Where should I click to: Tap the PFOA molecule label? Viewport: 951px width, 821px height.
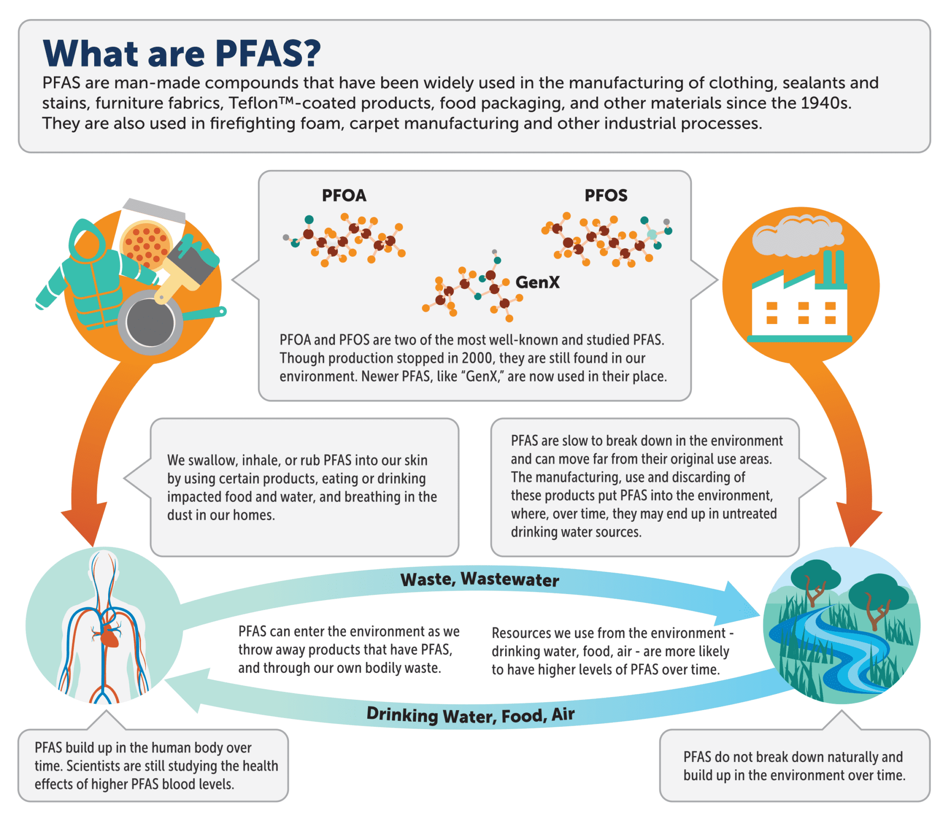tap(344, 195)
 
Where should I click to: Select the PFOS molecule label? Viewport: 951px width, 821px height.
tap(606, 195)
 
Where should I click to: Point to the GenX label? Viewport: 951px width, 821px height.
tap(537, 282)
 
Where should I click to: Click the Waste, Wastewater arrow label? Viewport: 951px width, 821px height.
tap(480, 580)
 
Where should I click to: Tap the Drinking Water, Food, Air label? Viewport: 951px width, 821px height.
tap(470, 715)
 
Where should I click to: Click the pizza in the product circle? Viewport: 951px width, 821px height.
tap(146, 244)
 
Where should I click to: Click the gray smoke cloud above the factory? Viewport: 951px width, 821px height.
tap(797, 236)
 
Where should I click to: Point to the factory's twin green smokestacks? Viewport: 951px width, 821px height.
tap(834, 268)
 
